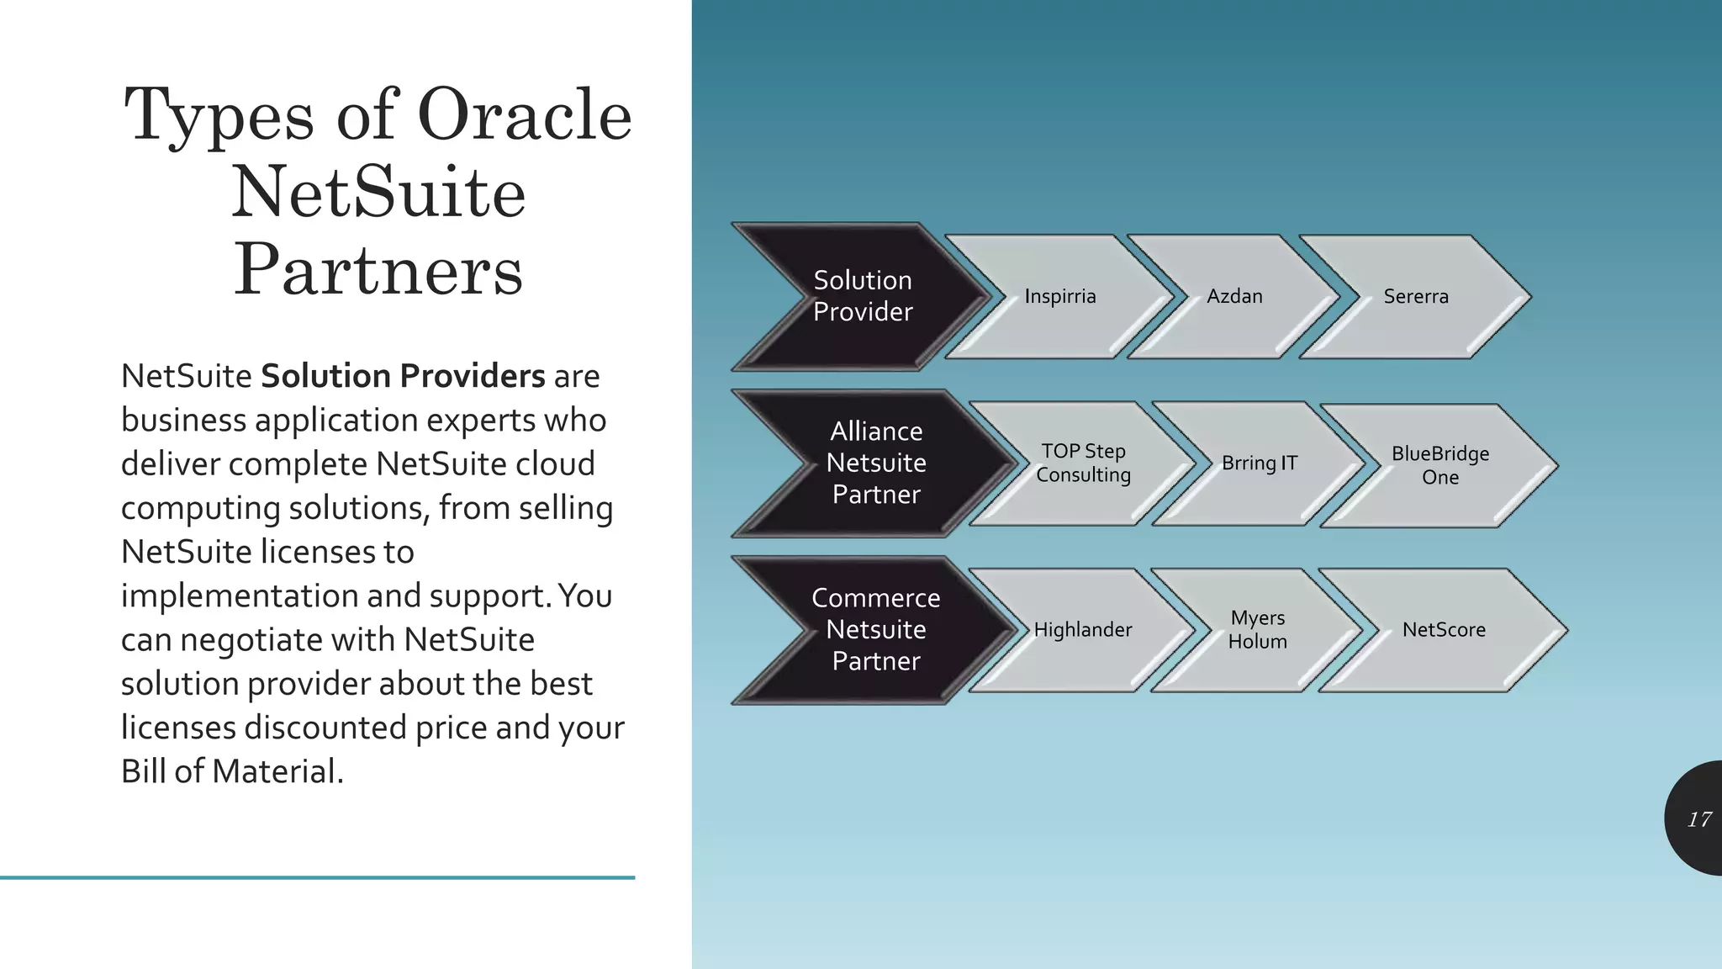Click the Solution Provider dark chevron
point(863,296)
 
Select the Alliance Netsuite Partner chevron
point(876,463)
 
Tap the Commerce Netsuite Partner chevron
point(876,629)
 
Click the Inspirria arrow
point(1060,296)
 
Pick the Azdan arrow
point(1234,296)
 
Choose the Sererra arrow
point(1416,296)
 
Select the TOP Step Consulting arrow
point(1083,463)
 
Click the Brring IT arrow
point(1260,463)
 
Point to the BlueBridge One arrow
point(1439,465)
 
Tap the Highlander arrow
point(1083,629)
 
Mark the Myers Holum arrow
point(1257,629)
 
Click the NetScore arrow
point(1444,629)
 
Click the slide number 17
point(1698,819)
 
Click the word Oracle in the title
point(524,115)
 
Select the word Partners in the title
point(378,270)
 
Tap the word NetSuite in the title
point(378,193)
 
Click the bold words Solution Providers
point(403,376)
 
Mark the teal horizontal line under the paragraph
point(317,877)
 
